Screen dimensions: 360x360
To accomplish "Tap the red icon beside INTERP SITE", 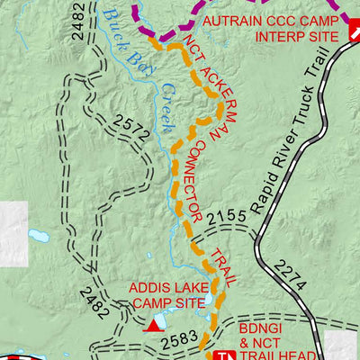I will (x=355, y=35).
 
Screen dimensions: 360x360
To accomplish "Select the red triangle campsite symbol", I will (x=158, y=323).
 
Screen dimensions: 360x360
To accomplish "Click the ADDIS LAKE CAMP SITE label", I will (x=167, y=295).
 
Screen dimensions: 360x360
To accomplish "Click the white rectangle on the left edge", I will (x=13, y=226).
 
